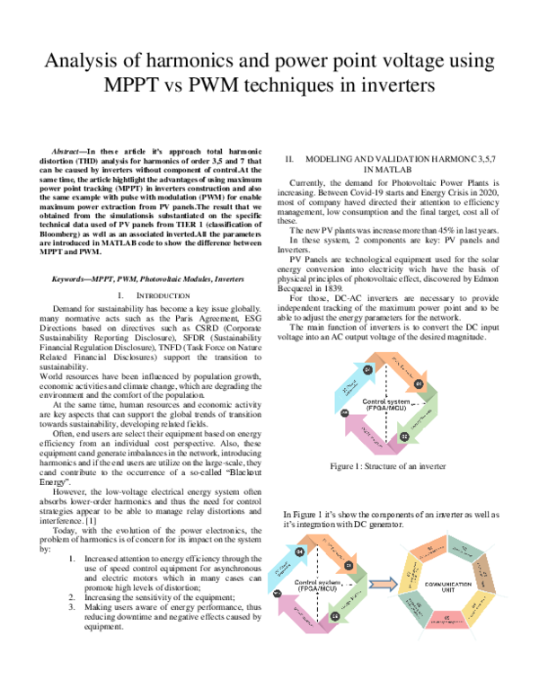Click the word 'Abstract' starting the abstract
pyautogui.click(x=69, y=144)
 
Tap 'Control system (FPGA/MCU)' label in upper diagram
pyautogui.click(x=387, y=403)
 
